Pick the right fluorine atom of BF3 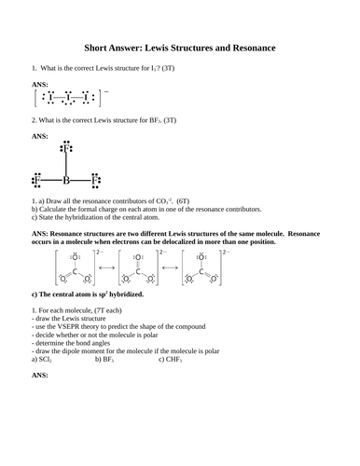click(x=94, y=179)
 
